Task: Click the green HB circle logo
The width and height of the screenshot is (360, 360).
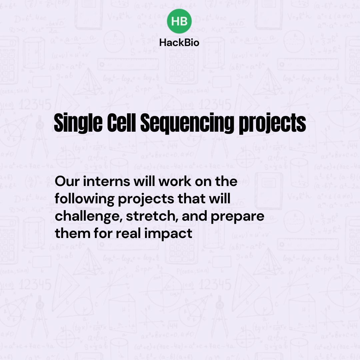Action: (179, 21)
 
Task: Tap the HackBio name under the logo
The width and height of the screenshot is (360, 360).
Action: (179, 42)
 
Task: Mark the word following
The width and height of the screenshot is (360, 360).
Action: (83, 199)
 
